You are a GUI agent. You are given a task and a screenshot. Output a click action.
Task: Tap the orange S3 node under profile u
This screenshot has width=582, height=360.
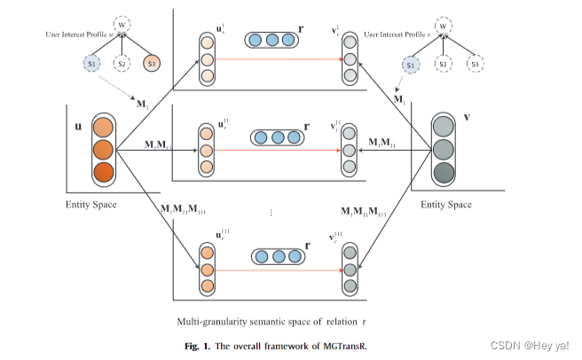(153, 63)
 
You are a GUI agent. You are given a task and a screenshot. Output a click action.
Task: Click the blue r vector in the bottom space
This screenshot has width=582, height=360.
(275, 256)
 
